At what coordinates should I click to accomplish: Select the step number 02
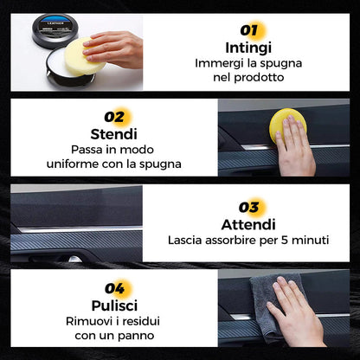[113, 116]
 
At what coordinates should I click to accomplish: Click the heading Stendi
[113, 134]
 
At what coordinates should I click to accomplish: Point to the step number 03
[249, 207]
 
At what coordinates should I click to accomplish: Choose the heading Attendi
[249, 224]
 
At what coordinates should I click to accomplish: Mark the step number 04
[113, 287]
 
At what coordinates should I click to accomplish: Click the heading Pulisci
[113, 305]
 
